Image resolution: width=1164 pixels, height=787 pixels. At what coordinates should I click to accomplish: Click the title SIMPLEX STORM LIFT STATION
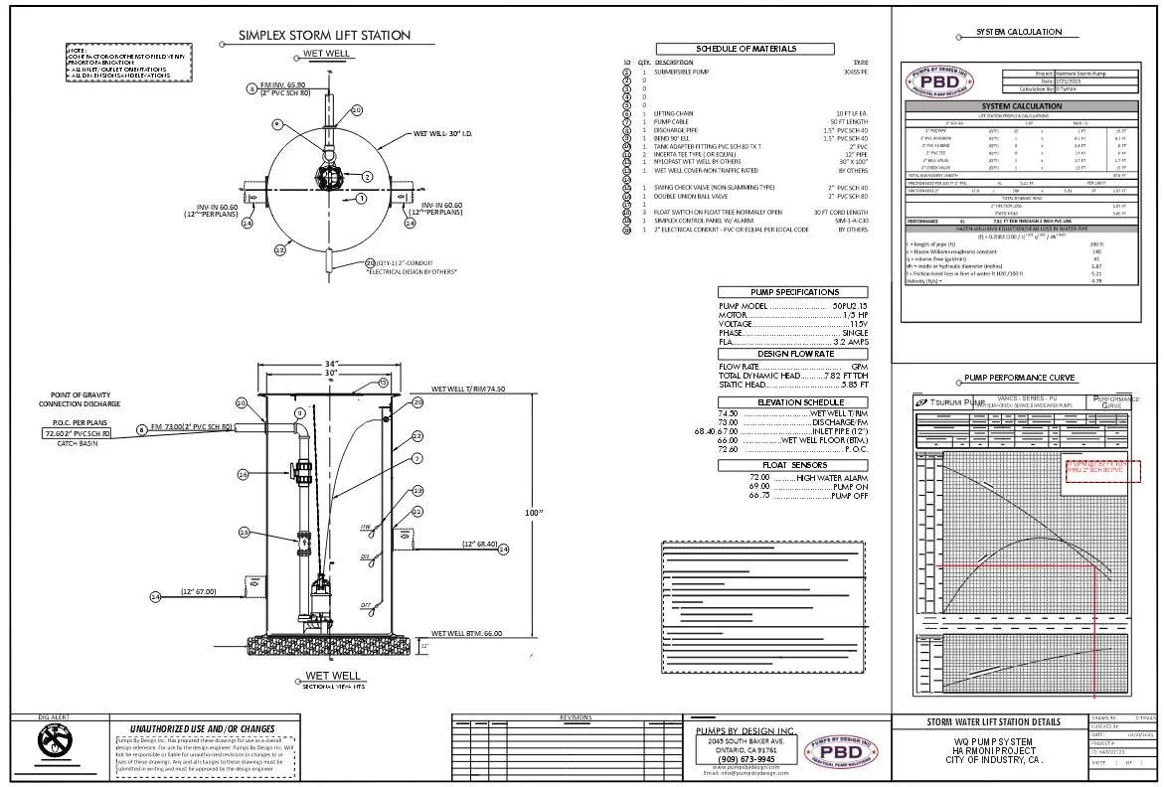[324, 36]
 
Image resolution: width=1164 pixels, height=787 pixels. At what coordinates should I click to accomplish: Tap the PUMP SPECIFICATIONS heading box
[792, 292]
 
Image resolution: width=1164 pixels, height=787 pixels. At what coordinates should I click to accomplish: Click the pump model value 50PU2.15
[849, 305]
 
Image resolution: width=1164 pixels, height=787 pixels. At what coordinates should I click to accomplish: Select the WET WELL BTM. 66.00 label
[466, 633]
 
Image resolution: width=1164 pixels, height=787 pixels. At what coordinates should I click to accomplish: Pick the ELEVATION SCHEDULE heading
[793, 401]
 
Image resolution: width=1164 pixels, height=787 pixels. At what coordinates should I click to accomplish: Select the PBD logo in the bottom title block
[841, 750]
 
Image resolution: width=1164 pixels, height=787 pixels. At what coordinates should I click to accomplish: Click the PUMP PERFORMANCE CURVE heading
[1020, 379]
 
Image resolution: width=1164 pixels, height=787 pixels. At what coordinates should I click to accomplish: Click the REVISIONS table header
[575, 717]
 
